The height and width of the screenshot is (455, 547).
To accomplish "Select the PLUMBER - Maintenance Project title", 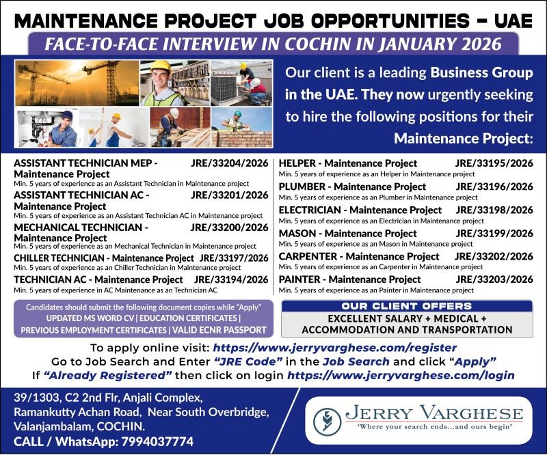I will [352, 187].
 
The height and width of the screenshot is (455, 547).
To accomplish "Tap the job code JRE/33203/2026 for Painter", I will [494, 279].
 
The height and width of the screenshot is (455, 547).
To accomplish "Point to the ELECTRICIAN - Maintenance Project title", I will [360, 210].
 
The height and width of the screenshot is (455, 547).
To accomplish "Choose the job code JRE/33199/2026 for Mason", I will [494, 233].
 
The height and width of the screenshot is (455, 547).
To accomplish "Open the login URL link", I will [401, 376].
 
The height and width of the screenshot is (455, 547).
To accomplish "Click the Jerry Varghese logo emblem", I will [328, 419].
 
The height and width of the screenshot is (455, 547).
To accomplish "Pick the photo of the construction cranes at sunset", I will [77, 83].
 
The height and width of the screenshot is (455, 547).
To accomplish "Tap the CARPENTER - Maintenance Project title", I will [359, 256].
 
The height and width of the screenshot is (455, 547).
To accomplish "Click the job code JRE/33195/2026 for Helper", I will [494, 163].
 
